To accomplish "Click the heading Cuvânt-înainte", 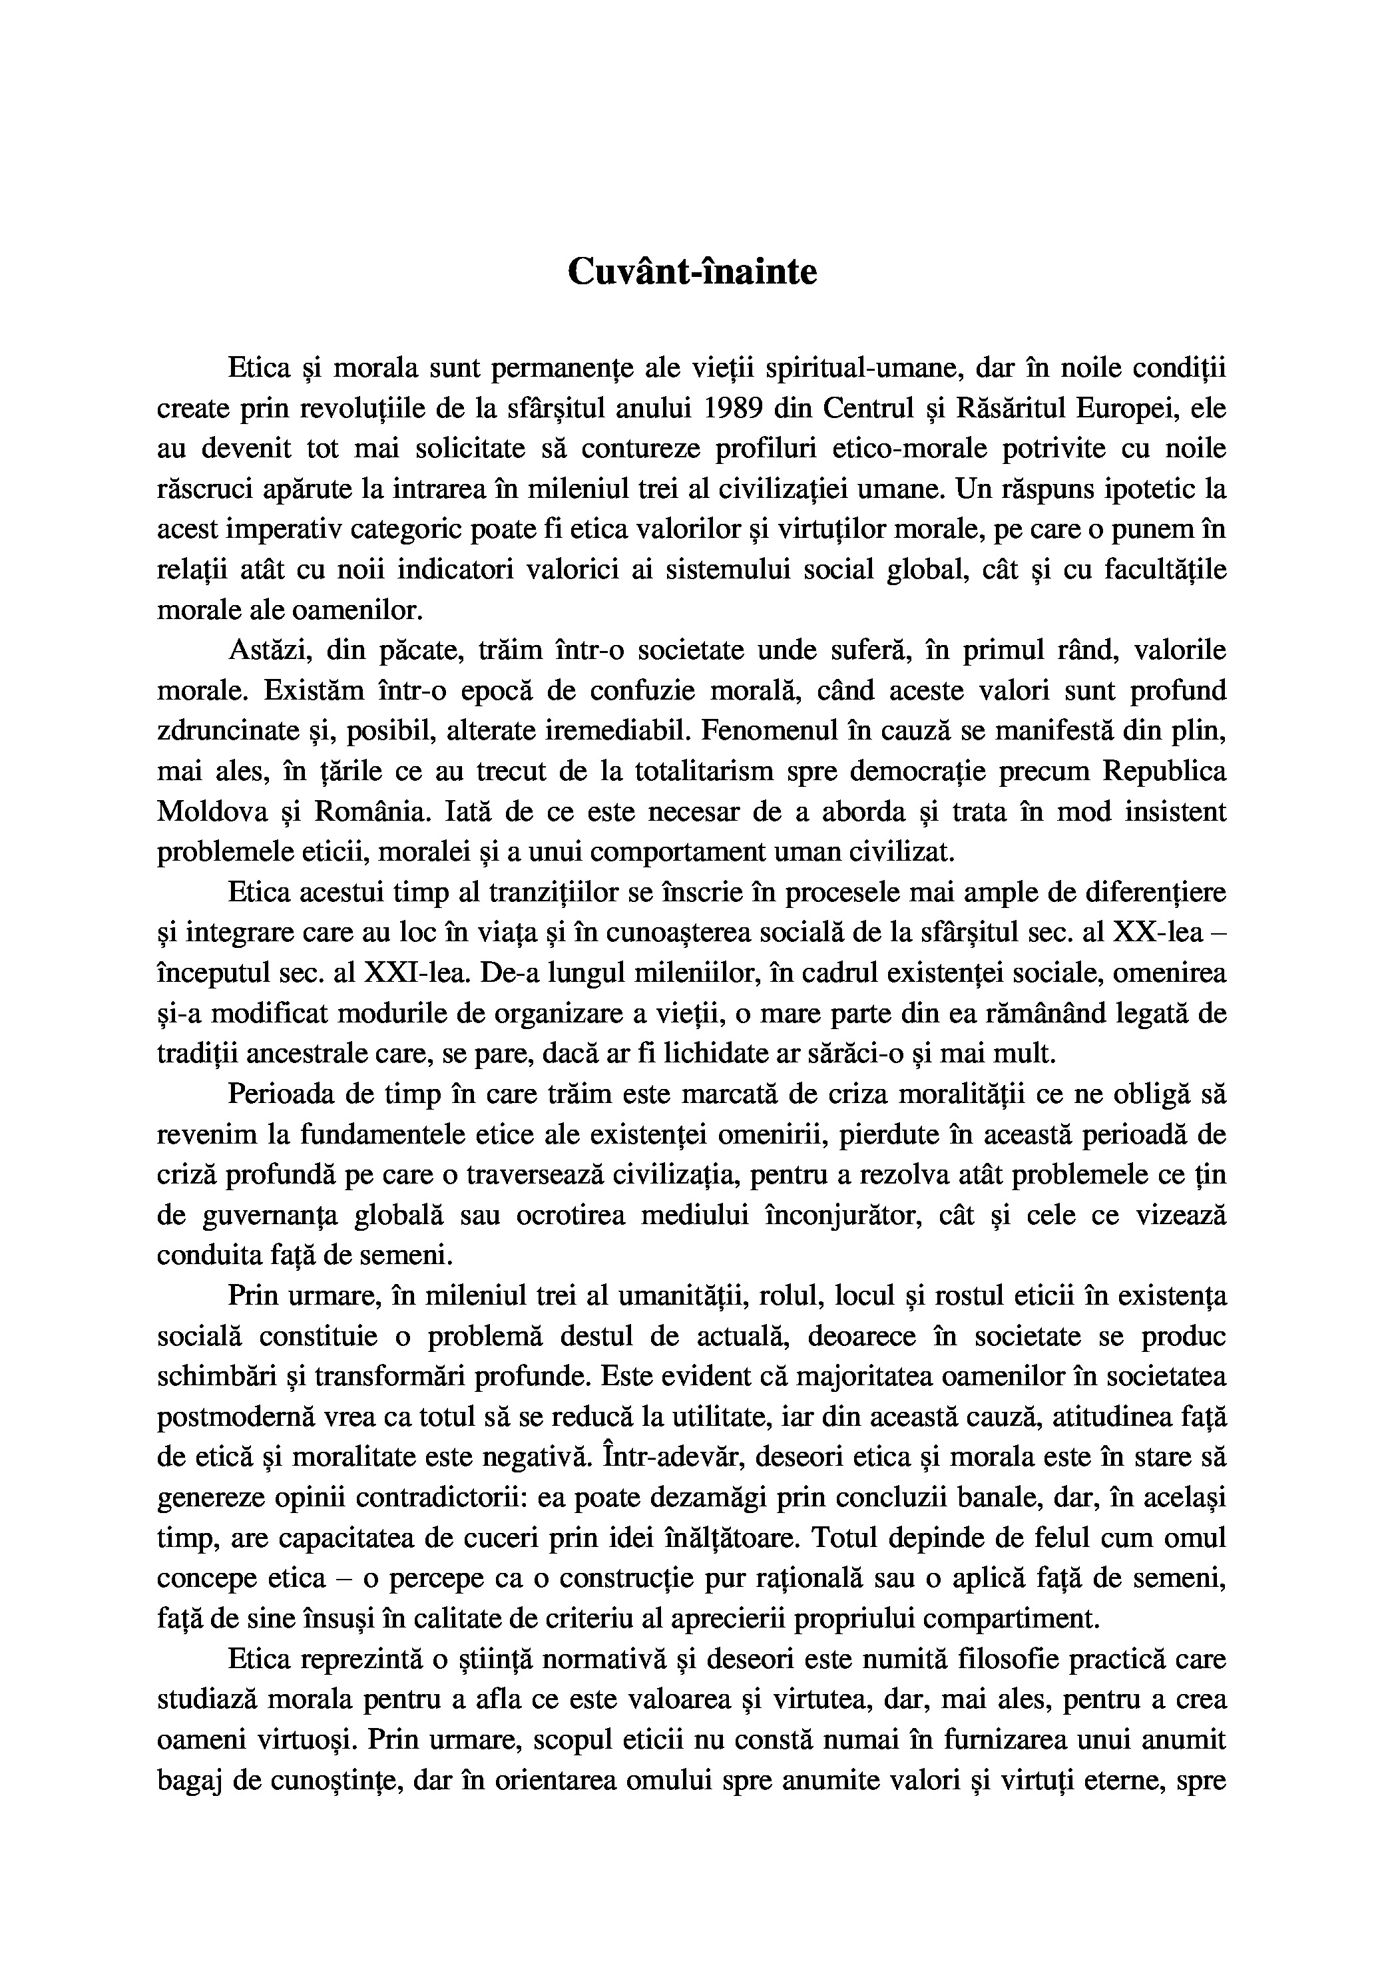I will click(692, 272).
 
